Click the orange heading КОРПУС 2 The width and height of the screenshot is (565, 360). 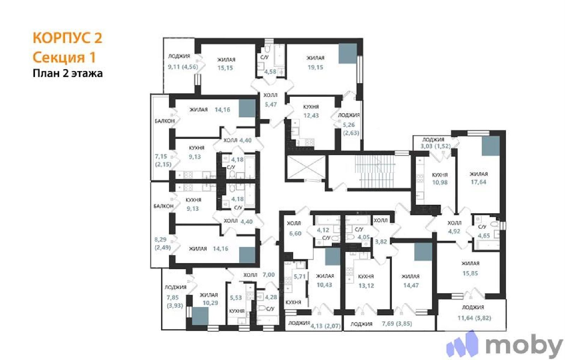click(67, 38)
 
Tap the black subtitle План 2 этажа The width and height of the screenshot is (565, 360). click(67, 73)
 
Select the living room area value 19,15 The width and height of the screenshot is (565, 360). click(315, 67)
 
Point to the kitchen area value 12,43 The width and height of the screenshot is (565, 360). click(311, 115)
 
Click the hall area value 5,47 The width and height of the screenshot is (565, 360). click(271, 104)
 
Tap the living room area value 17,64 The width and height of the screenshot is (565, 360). click(478, 182)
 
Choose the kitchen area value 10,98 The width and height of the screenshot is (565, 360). click(440, 182)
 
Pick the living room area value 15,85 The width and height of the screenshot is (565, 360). click(470, 273)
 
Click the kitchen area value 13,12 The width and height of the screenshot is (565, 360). click(366, 286)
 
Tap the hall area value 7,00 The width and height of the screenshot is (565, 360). click(269, 275)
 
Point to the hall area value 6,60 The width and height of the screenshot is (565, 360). click(295, 233)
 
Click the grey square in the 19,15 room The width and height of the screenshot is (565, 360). click(347, 53)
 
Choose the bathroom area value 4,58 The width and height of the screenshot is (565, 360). click(270, 72)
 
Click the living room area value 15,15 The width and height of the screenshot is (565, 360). click(225, 68)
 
